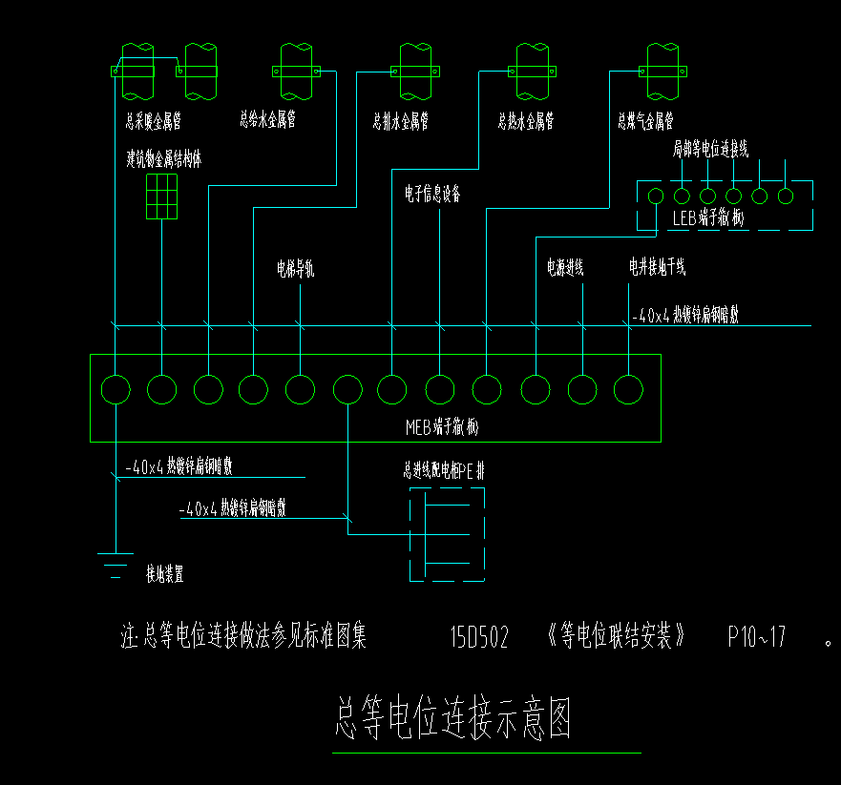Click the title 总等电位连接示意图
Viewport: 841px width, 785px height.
pyautogui.click(x=453, y=719)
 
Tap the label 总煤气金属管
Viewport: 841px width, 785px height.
pyautogui.click(x=645, y=122)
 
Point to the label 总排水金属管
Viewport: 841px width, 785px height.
pyautogui.click(x=400, y=122)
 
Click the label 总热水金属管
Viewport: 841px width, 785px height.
pyautogui.click(x=525, y=122)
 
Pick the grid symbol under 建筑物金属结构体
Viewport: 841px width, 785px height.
pyautogui.click(x=161, y=196)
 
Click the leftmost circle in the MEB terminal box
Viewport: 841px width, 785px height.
pyautogui.click(x=116, y=389)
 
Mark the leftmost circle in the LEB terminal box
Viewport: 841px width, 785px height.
pyautogui.click(x=656, y=196)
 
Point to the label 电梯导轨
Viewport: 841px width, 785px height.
pyautogui.click(x=295, y=270)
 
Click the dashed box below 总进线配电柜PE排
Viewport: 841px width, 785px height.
pyautogui.click(x=447, y=534)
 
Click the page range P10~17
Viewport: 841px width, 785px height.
pyautogui.click(x=756, y=636)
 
